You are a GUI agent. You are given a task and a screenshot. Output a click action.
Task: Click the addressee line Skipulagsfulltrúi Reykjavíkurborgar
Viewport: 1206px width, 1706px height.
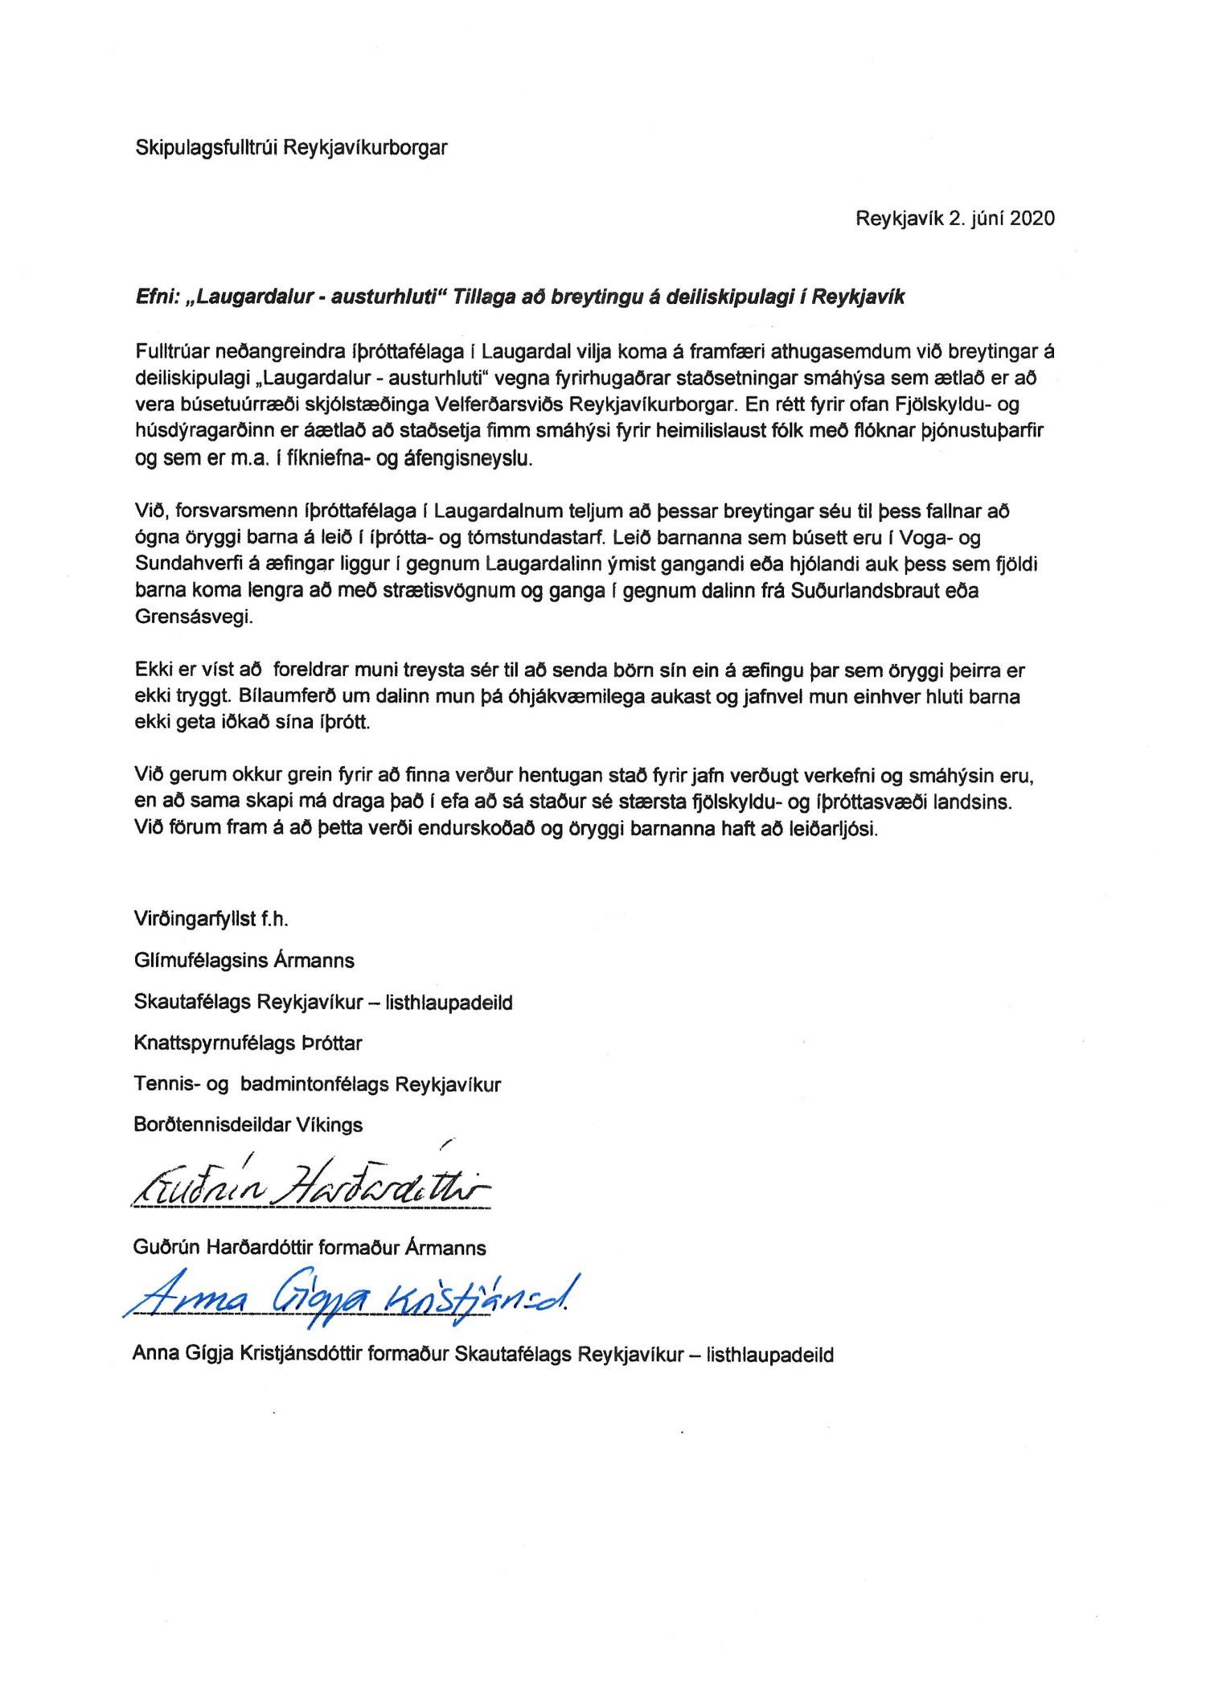[x=291, y=148]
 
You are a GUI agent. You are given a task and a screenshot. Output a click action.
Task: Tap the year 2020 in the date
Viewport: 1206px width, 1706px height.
[x=1032, y=219]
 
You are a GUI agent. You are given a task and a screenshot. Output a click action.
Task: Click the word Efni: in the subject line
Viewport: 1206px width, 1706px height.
[x=156, y=297]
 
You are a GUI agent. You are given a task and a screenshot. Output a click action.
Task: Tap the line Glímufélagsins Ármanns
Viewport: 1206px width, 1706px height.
[x=244, y=961]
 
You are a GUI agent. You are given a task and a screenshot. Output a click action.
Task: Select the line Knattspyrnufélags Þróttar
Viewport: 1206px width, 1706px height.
[x=248, y=1044]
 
